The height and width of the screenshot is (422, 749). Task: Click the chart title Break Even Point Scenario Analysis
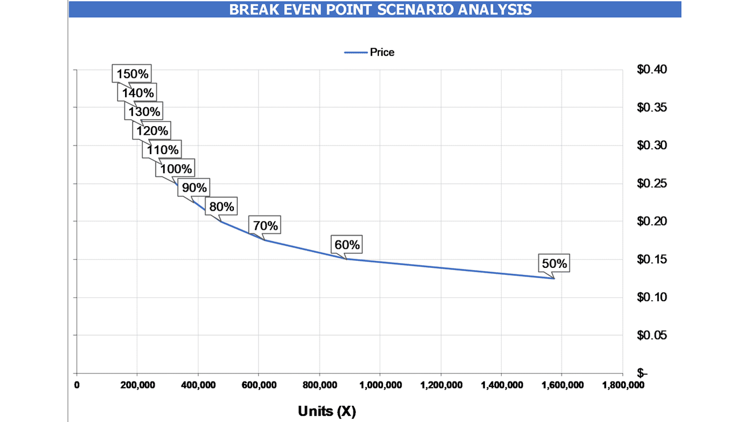pos(380,9)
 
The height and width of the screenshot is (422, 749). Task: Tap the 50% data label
pos(554,264)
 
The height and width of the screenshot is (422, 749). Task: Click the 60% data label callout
pos(347,245)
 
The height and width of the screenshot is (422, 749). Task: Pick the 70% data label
pos(265,226)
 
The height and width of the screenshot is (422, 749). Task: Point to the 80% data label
pos(221,207)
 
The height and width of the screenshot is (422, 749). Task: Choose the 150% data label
pos(131,74)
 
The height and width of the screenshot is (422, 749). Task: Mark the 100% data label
pos(176,169)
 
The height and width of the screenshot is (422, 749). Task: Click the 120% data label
pos(152,131)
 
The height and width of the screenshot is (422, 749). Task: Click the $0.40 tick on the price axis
pos(651,70)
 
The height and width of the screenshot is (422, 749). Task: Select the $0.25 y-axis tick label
pos(651,184)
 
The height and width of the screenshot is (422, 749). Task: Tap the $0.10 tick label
pos(651,298)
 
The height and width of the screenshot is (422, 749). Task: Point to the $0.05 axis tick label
pos(651,335)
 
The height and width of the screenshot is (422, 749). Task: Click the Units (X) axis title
pos(327,411)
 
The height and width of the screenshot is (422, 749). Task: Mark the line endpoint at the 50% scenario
pos(553,278)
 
